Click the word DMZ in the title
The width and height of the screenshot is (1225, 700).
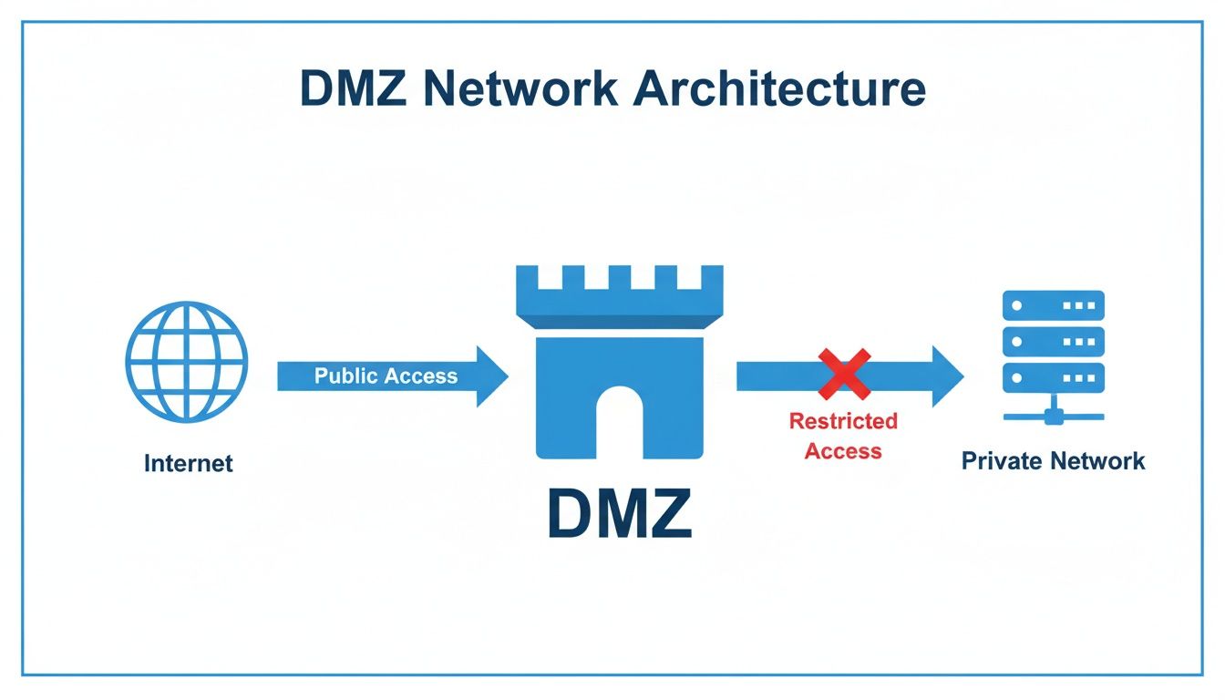coord(352,88)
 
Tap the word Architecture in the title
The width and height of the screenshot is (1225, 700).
coord(774,88)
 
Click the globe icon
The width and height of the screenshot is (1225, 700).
coord(186,362)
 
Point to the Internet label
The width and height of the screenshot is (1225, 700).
coord(188,463)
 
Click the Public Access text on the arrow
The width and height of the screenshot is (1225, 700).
coord(386,376)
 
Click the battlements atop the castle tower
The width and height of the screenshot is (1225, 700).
coord(619,283)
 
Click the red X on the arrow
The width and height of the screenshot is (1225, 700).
coord(843,375)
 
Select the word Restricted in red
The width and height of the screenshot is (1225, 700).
coord(843,421)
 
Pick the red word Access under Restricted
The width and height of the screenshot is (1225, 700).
coord(843,451)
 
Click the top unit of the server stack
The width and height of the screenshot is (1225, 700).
coord(1053,305)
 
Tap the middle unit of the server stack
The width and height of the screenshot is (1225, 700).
coord(1053,342)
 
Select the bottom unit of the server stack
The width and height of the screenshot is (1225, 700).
coord(1053,377)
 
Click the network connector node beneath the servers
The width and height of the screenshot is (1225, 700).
coord(1053,417)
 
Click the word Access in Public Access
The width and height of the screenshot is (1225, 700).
coord(421,376)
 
